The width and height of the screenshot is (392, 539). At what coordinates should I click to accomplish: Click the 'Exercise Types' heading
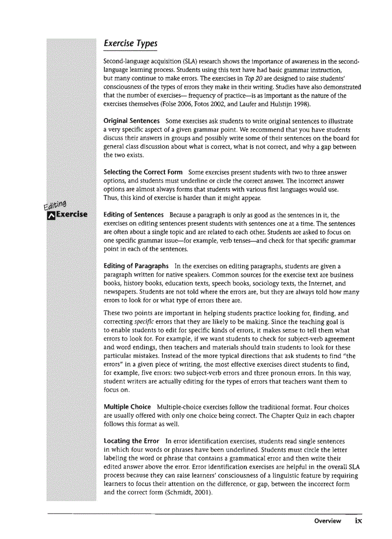[130, 43]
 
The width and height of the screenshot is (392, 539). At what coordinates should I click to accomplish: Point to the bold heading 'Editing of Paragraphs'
[136, 265]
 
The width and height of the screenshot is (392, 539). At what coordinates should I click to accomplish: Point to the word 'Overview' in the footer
[328, 521]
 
